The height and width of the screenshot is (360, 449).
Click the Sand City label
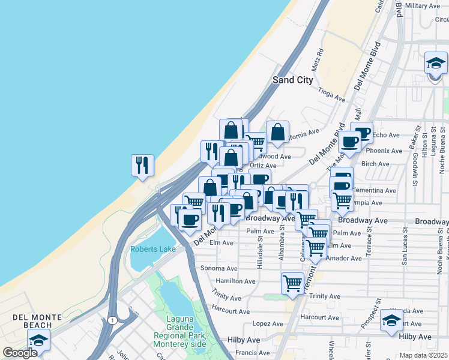pyautogui.click(x=293, y=80)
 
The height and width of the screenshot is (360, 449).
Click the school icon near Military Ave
pyautogui.click(x=436, y=63)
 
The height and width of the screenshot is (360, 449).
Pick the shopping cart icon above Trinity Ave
pyautogui.click(x=292, y=282)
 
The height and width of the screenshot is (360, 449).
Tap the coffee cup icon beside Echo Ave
pyautogui.click(x=362, y=133)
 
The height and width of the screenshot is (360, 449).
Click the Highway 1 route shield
pyautogui.click(x=112, y=320)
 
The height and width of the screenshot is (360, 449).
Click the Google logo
pyautogui.click(x=20, y=353)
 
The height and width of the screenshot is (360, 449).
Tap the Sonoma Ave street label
pyautogui.click(x=219, y=268)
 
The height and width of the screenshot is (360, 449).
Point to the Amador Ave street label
pyautogui.click(x=345, y=259)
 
